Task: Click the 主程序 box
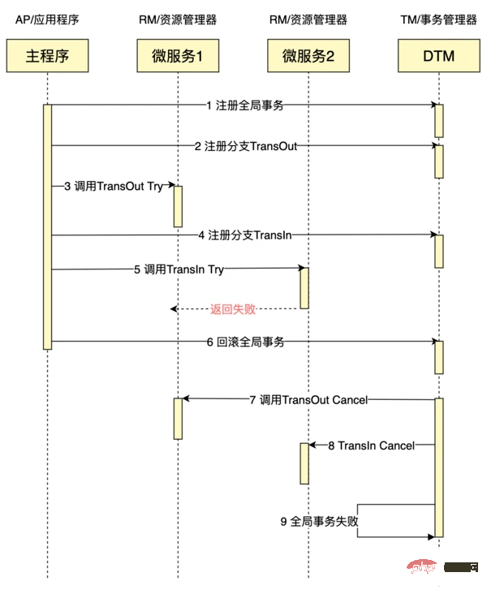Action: click(47, 56)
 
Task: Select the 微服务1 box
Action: click(177, 56)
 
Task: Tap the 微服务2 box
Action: click(308, 56)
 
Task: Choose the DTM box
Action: click(438, 56)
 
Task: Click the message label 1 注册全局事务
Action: click(244, 105)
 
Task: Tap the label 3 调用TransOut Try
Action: click(114, 187)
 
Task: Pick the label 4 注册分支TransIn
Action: click(244, 235)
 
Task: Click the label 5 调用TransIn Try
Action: click(179, 269)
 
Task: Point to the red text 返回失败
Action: click(233, 309)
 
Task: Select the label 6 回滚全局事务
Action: click(244, 342)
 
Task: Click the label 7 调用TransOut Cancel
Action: click(308, 399)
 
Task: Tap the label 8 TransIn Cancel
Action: click(371, 445)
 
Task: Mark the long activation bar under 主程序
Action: click(47, 227)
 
